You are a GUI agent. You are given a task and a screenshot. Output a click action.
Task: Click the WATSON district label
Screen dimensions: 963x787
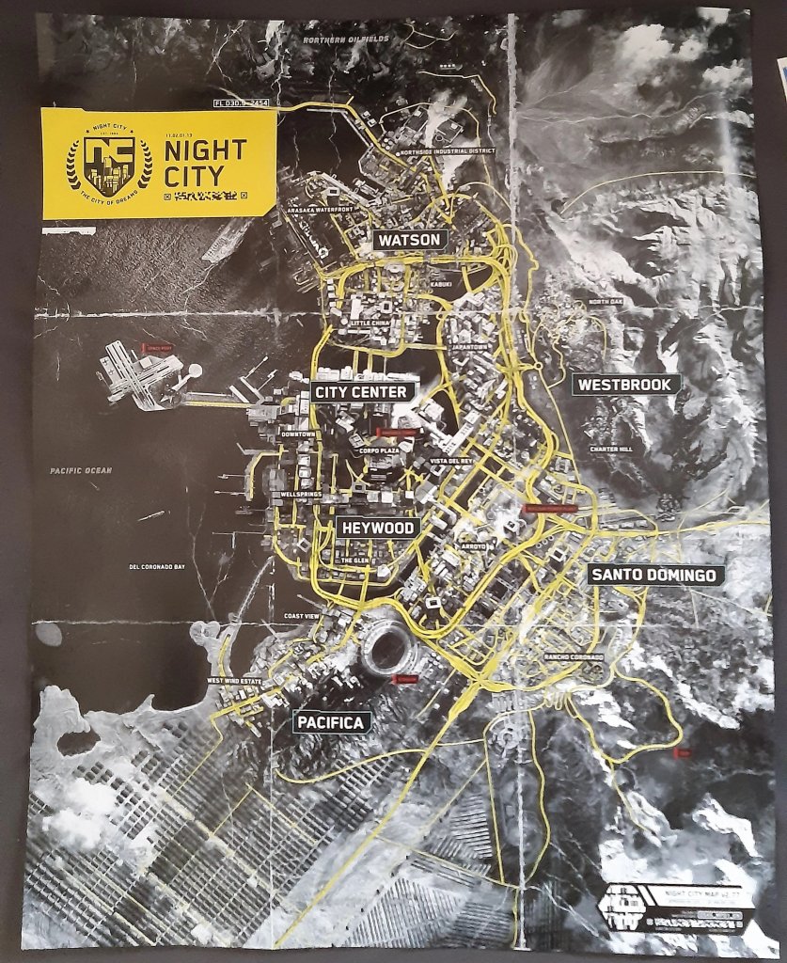(409, 240)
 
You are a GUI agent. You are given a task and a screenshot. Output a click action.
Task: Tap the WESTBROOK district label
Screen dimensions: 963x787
(624, 384)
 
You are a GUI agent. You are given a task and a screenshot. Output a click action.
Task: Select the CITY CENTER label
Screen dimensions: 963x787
(361, 391)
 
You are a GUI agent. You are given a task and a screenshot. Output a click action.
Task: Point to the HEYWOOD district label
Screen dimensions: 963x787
(376, 528)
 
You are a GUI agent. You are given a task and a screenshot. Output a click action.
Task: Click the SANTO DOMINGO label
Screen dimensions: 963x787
(653, 576)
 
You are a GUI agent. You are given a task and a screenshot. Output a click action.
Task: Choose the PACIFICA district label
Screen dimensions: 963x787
(332, 722)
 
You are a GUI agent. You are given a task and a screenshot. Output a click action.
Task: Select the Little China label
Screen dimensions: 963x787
(371, 323)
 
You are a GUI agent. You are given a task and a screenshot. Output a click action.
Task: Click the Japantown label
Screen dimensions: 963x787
(468, 344)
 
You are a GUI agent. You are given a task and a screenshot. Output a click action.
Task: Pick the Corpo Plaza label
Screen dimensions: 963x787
(380, 451)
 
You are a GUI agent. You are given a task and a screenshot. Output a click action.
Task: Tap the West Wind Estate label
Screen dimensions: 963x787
(235, 682)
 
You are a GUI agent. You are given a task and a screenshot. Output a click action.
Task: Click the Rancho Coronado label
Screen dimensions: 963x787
(573, 655)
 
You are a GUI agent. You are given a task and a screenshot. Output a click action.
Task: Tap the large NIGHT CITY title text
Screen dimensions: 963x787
(205, 162)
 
